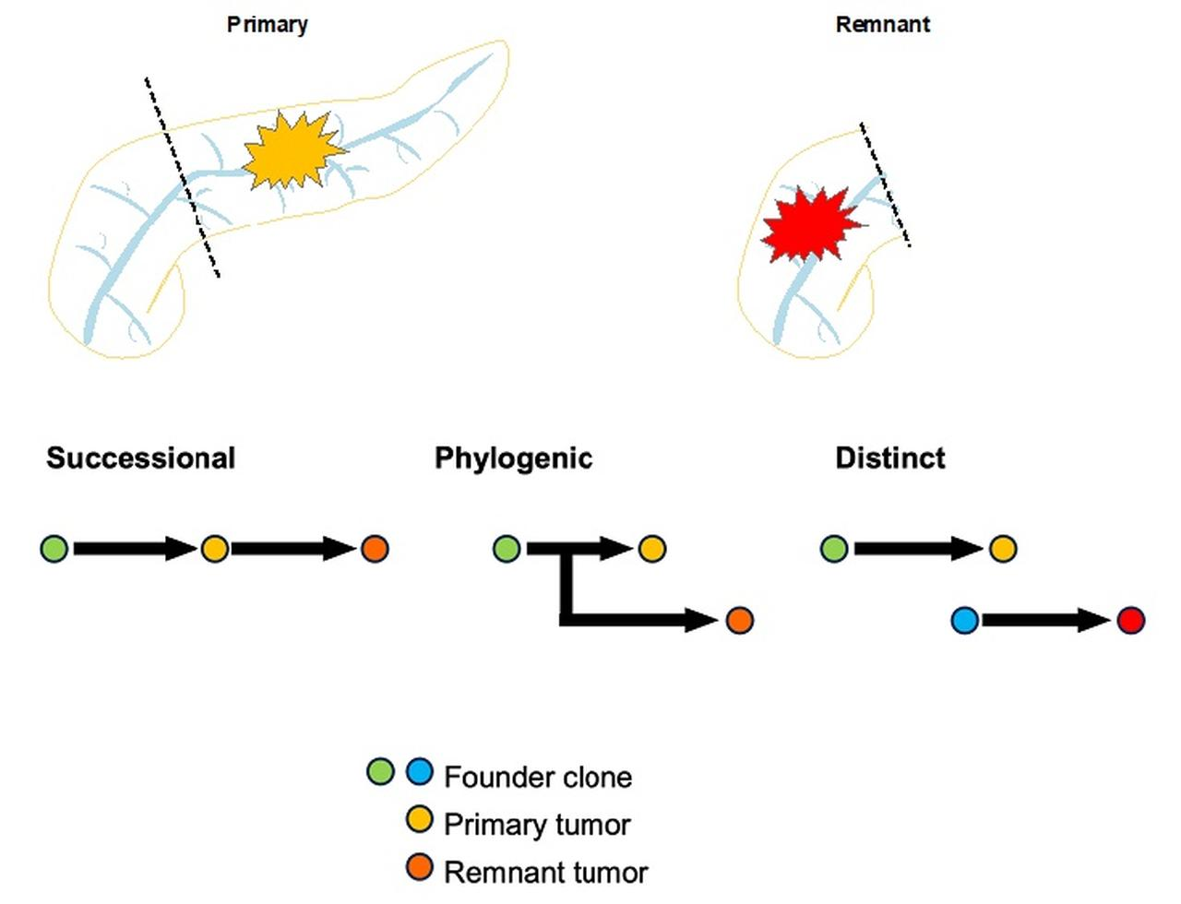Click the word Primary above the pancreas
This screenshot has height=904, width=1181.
coord(267,24)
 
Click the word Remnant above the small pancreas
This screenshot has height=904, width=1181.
coord(882,24)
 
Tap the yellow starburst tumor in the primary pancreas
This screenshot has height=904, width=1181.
coord(292,151)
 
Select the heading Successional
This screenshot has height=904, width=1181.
coord(141,458)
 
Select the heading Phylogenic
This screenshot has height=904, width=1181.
coord(513,458)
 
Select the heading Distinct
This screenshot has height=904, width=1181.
coord(889,458)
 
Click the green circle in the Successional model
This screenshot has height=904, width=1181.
coord(54,549)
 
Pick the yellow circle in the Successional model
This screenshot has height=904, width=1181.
coord(214,549)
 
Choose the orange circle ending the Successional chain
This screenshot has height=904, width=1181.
coord(375,549)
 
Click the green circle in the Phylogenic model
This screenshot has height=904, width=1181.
coord(507,549)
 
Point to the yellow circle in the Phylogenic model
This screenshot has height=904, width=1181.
coord(651,549)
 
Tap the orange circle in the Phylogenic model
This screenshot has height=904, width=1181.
coord(739,620)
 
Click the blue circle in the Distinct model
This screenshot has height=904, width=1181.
coord(964,620)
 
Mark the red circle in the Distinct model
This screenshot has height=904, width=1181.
coord(1130,620)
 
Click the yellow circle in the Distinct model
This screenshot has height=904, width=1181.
coord(1003,549)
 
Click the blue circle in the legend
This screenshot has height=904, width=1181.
coord(419,771)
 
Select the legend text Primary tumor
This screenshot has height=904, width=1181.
coord(537,824)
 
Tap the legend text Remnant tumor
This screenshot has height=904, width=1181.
coord(545,872)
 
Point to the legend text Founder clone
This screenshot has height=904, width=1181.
coord(538,777)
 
